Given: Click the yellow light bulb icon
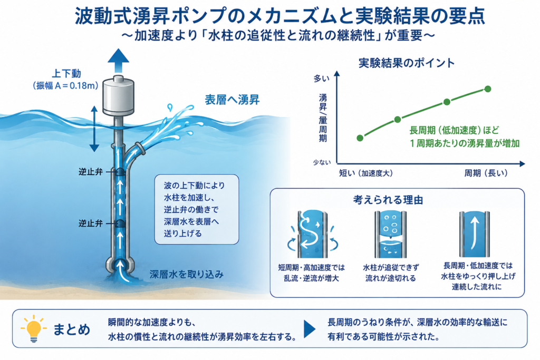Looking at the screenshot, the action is pyautogui.click(x=33, y=328).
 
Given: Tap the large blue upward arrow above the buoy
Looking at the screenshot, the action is pyautogui.click(x=118, y=61).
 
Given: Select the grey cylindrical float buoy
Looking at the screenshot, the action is pyautogui.click(x=119, y=96).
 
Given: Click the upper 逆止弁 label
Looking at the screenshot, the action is pyautogui.click(x=91, y=172).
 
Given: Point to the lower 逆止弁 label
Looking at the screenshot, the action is pyautogui.click(x=91, y=223).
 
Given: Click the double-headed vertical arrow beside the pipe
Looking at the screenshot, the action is pyautogui.click(x=94, y=129).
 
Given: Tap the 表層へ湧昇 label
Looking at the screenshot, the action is pyautogui.click(x=232, y=100).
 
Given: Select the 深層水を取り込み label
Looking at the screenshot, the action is pyautogui.click(x=187, y=274).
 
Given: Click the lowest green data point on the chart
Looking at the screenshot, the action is pyautogui.click(x=360, y=138).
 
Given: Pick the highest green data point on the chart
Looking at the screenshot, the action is pyautogui.click(x=488, y=89).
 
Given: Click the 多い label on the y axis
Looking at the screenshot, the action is pyautogui.click(x=321, y=79).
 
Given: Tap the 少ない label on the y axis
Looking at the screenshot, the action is pyautogui.click(x=322, y=162).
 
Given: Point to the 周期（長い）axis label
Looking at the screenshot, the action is pyautogui.click(x=486, y=173).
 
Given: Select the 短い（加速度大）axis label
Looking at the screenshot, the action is pyautogui.click(x=366, y=173).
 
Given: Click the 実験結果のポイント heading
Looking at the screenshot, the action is pyautogui.click(x=407, y=63).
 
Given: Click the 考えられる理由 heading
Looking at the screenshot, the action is pyautogui.click(x=388, y=200).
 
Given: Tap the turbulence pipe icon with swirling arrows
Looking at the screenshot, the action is pyautogui.click(x=312, y=235).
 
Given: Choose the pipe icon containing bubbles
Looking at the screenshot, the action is pyautogui.click(x=391, y=235).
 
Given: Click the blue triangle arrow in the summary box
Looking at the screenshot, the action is pyautogui.click(x=309, y=329).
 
